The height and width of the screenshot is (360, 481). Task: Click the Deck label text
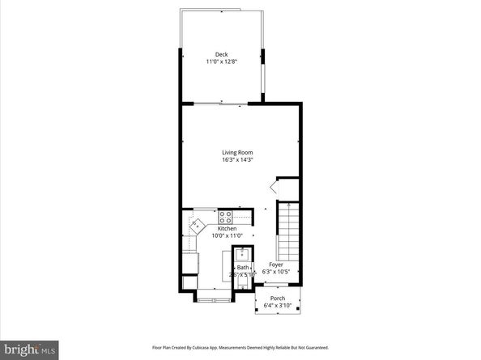point(221,54)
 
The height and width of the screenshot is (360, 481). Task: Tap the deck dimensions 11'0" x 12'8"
point(221,61)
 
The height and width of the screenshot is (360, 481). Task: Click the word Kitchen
point(203,229)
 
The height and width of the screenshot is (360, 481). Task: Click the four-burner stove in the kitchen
point(225,217)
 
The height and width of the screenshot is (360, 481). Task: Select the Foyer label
point(276,265)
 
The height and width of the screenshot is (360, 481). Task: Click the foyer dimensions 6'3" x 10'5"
point(276,272)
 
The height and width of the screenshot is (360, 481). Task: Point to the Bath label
point(243,267)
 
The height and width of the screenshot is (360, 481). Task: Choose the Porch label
point(278,299)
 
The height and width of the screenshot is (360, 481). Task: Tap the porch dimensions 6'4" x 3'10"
point(278,306)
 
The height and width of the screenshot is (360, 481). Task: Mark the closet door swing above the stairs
point(275,187)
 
